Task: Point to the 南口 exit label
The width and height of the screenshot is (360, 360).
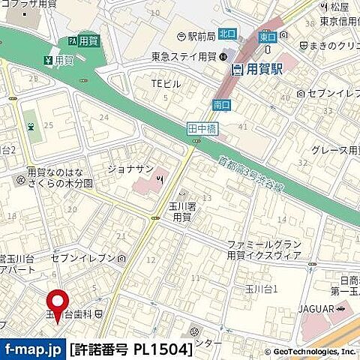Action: point(221,104)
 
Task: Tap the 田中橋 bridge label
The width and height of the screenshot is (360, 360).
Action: point(197,130)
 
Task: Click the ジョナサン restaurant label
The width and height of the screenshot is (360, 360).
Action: point(131,167)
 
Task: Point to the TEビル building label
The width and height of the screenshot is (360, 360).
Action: point(166,83)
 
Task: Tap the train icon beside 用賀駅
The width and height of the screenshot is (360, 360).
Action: point(237,70)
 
